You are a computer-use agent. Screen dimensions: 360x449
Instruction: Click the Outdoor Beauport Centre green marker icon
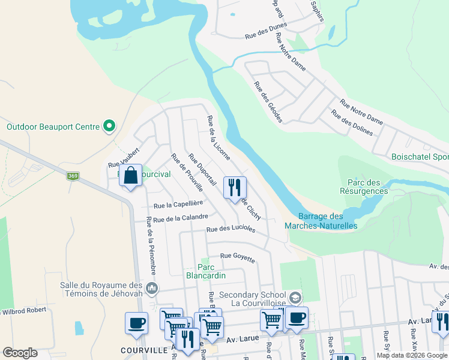[109, 127]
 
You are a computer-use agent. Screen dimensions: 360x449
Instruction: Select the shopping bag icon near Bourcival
[130, 176]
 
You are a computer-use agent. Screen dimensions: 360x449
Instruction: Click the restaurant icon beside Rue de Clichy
[235, 187]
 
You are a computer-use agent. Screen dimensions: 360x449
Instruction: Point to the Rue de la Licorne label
[218, 138]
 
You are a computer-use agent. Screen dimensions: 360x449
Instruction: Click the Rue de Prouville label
[187, 173]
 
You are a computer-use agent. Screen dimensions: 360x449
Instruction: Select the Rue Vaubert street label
[124, 158]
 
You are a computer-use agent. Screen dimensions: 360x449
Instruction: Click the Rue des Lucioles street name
[231, 229]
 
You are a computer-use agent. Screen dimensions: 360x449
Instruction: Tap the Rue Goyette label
[238, 257]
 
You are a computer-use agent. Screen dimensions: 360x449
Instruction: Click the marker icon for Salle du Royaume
[152, 289]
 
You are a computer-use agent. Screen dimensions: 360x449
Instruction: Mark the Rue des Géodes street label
[268, 102]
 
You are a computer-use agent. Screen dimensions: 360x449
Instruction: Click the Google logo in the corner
[20, 353]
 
